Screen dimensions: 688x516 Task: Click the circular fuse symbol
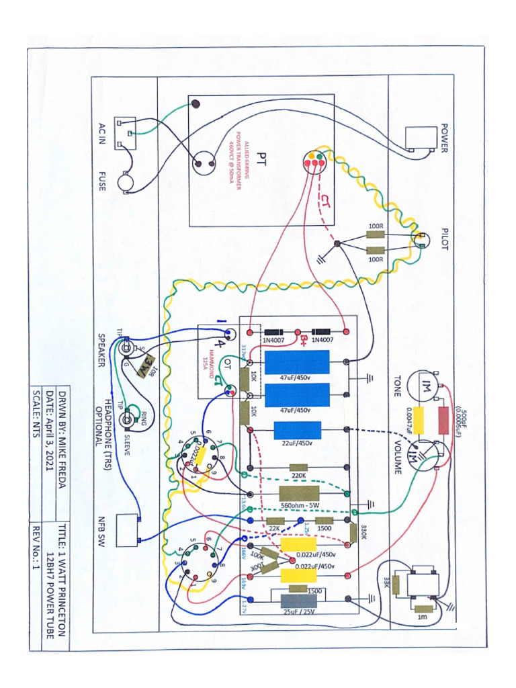pos(126,181)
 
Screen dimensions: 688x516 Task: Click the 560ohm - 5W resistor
pos(298,492)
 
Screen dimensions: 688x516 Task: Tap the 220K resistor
pos(298,467)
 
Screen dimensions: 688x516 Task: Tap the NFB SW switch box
pos(127,530)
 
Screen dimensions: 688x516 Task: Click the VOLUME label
pos(397,457)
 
